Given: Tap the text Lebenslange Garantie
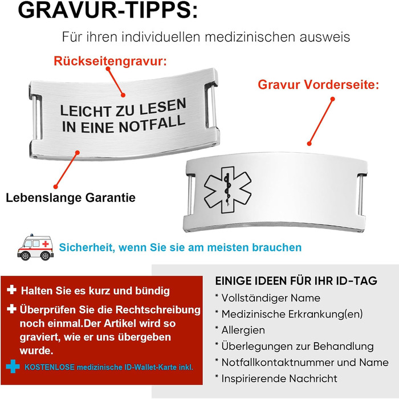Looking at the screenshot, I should pyautogui.click(x=71, y=198).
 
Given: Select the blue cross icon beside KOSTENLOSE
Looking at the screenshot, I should pyautogui.click(x=13, y=366).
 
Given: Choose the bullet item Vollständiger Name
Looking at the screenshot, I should pyautogui.click(x=267, y=298).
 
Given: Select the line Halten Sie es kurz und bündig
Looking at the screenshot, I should pyautogui.click(x=95, y=291).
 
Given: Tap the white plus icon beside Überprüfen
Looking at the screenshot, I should pyautogui.click(x=12, y=309).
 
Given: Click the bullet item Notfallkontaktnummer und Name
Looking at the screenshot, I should pyautogui.click(x=302, y=363).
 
